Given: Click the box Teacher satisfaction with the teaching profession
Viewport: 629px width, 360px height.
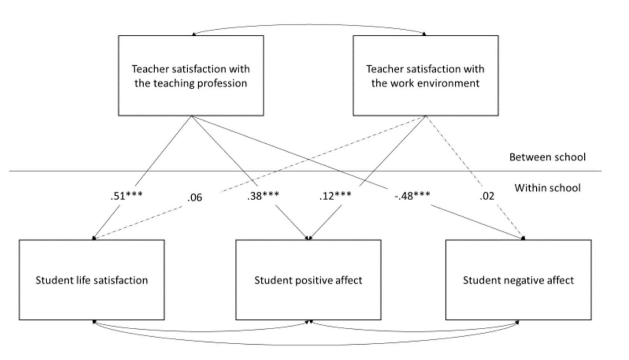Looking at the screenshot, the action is tap(191, 75).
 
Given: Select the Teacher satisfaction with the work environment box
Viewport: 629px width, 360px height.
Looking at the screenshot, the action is tap(426, 75).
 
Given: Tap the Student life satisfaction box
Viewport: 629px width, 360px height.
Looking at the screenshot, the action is tap(92, 280).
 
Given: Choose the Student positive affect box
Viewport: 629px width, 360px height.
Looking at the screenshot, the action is tap(308, 280).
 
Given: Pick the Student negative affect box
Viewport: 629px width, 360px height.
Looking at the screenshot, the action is tap(519, 280).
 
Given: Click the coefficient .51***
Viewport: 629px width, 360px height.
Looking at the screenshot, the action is tap(126, 196).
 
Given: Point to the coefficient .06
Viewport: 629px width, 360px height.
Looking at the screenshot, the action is tap(195, 197).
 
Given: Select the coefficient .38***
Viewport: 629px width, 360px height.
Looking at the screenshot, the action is tap(263, 196).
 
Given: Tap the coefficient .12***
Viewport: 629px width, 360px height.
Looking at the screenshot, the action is tap(335, 196).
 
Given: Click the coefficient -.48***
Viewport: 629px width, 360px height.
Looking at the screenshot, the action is tap(412, 196).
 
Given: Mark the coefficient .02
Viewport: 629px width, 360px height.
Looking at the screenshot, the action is tap(487, 196).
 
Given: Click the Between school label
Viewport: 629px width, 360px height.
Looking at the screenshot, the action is tap(548, 157).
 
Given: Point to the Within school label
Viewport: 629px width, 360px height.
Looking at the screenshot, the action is tap(548, 188).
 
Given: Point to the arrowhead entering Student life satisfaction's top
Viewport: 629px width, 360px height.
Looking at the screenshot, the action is tap(94, 238).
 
